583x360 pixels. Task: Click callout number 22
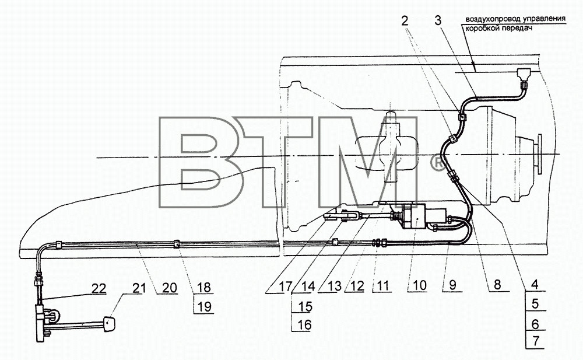[98, 288]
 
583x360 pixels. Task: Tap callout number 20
[170, 288]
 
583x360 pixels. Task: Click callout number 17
[286, 287]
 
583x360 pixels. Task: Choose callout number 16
[305, 324]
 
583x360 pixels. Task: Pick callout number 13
[335, 286]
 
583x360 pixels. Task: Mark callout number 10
[419, 286]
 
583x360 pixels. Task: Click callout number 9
[452, 285]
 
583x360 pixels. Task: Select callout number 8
[497, 285]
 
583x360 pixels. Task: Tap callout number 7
[536, 341]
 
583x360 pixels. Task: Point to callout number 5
[535, 304]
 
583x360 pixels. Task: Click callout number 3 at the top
[438, 20]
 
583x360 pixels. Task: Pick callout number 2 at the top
[405, 20]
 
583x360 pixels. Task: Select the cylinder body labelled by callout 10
[416, 216]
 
